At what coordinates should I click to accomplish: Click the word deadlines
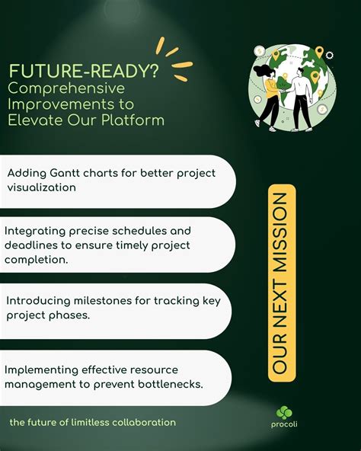click(33, 245)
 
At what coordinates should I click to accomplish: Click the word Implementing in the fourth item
click(40, 369)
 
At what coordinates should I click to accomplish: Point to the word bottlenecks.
click(171, 383)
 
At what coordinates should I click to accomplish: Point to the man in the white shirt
click(300, 95)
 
